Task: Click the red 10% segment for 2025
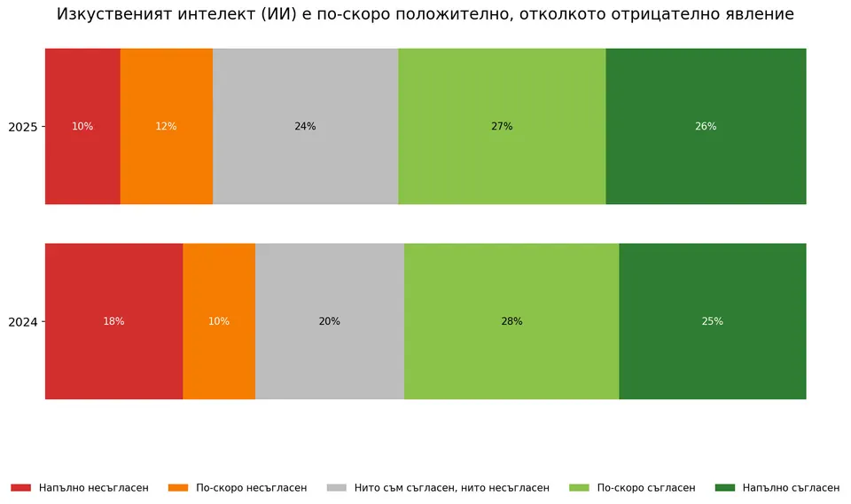[x=82, y=126]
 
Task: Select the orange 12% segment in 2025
[x=167, y=126]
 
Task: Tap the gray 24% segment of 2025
[x=306, y=126]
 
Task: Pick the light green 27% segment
[x=502, y=126]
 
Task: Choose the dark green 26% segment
[x=707, y=126]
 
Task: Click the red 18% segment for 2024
[x=114, y=321]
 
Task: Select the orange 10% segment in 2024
[x=219, y=321]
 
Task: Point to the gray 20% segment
[x=330, y=321]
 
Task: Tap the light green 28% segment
[x=511, y=321]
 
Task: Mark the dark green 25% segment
[x=713, y=321]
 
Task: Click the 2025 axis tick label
[x=23, y=127]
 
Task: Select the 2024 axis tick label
[x=23, y=322]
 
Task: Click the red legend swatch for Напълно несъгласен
[x=20, y=488]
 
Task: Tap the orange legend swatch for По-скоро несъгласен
[x=178, y=488]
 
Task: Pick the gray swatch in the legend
[x=337, y=488]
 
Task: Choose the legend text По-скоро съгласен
[x=646, y=488]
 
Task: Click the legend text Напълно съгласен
[x=791, y=488]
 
